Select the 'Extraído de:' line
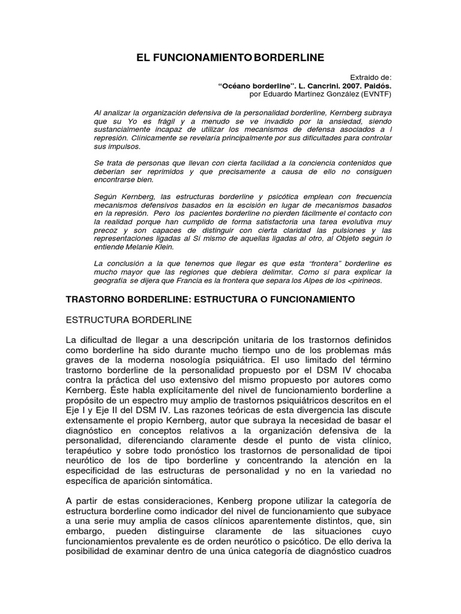pos(370,77)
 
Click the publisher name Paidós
pos(376,86)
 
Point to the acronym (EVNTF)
pos(373,94)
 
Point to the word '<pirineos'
pos(367,280)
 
